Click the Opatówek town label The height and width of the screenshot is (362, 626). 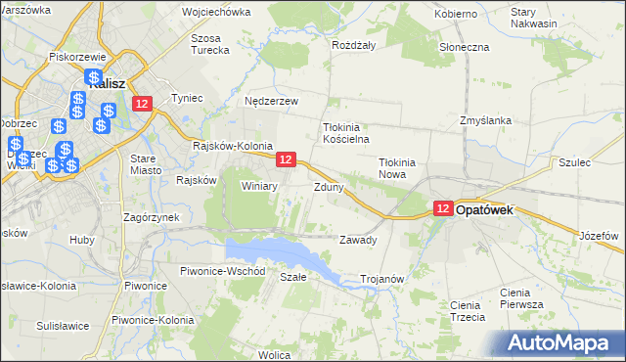click(x=497, y=209)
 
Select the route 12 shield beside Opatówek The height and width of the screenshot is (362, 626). click(x=443, y=208)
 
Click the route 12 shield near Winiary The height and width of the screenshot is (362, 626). click(x=286, y=158)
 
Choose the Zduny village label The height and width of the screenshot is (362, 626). click(x=328, y=186)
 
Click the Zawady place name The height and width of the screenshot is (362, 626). click(x=357, y=240)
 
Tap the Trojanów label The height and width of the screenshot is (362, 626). click(x=382, y=279)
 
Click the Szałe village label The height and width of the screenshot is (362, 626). click(x=293, y=277)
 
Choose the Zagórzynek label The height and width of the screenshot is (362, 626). click(x=149, y=216)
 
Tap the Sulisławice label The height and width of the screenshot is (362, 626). click(x=63, y=326)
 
